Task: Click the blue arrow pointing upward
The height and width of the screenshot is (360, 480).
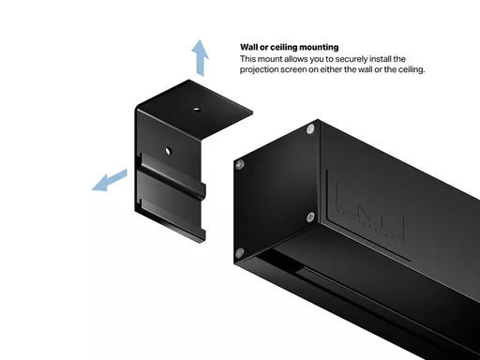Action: [200, 58]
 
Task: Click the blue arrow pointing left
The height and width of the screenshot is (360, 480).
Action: [110, 181]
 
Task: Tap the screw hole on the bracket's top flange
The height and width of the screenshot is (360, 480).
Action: [196, 109]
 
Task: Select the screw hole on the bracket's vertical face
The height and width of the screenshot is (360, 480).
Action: [168, 151]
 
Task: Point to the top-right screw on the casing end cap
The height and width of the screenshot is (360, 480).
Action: [310, 129]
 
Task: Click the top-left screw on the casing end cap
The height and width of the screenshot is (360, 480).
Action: [240, 164]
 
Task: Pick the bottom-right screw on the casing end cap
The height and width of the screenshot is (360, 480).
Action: [310, 217]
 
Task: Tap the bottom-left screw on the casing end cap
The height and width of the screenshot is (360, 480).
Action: [240, 252]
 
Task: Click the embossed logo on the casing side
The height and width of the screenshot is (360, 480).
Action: [369, 212]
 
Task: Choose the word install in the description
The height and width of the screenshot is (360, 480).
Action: [380, 59]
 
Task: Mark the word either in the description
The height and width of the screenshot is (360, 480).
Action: [331, 69]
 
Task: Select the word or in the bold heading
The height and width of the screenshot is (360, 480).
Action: [264, 48]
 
